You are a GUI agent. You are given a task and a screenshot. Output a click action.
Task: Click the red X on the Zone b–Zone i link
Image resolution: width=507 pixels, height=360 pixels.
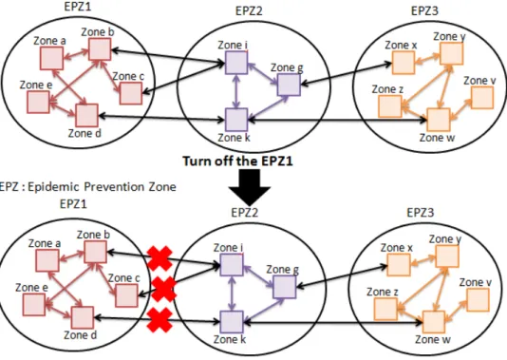(160, 258)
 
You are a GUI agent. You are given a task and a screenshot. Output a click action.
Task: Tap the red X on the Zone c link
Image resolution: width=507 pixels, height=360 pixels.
(163, 289)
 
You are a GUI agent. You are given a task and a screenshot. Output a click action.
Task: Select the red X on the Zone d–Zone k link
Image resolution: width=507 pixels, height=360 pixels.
(160, 320)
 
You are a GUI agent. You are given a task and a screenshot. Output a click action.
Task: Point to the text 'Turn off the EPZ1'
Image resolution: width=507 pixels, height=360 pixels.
(237, 161)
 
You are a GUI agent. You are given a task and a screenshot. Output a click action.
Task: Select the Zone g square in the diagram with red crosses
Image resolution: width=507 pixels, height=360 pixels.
(285, 287)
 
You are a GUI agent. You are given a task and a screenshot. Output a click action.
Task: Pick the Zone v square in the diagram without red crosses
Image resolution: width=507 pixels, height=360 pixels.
(482, 97)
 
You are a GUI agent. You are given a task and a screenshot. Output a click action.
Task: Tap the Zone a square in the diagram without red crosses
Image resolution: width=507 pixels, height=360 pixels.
(51, 58)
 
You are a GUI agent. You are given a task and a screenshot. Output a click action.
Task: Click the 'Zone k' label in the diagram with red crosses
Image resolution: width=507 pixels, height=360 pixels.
(230, 340)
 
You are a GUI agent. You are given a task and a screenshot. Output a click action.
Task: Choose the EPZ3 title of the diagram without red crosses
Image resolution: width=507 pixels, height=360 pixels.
(424, 10)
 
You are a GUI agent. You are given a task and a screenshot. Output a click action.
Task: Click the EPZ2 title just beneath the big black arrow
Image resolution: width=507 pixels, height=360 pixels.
(245, 213)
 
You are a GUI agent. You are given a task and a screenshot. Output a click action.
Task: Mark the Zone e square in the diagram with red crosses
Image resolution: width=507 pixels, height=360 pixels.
(33, 305)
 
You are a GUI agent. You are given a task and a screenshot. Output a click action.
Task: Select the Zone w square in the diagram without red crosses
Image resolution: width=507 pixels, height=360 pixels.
(439, 120)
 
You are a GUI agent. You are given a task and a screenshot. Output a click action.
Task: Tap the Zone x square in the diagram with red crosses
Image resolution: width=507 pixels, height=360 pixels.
(399, 265)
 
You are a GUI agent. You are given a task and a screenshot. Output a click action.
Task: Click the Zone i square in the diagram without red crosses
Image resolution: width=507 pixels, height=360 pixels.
(236, 63)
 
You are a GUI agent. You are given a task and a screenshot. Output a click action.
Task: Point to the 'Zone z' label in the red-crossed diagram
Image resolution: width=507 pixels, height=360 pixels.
(383, 292)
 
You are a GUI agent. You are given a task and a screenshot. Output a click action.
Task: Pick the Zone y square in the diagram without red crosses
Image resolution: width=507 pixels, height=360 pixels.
(451, 54)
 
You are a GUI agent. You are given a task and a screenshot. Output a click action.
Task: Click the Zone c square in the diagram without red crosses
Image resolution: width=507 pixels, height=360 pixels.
(131, 93)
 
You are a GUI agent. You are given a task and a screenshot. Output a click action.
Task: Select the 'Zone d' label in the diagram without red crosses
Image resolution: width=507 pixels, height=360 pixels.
(84, 133)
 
